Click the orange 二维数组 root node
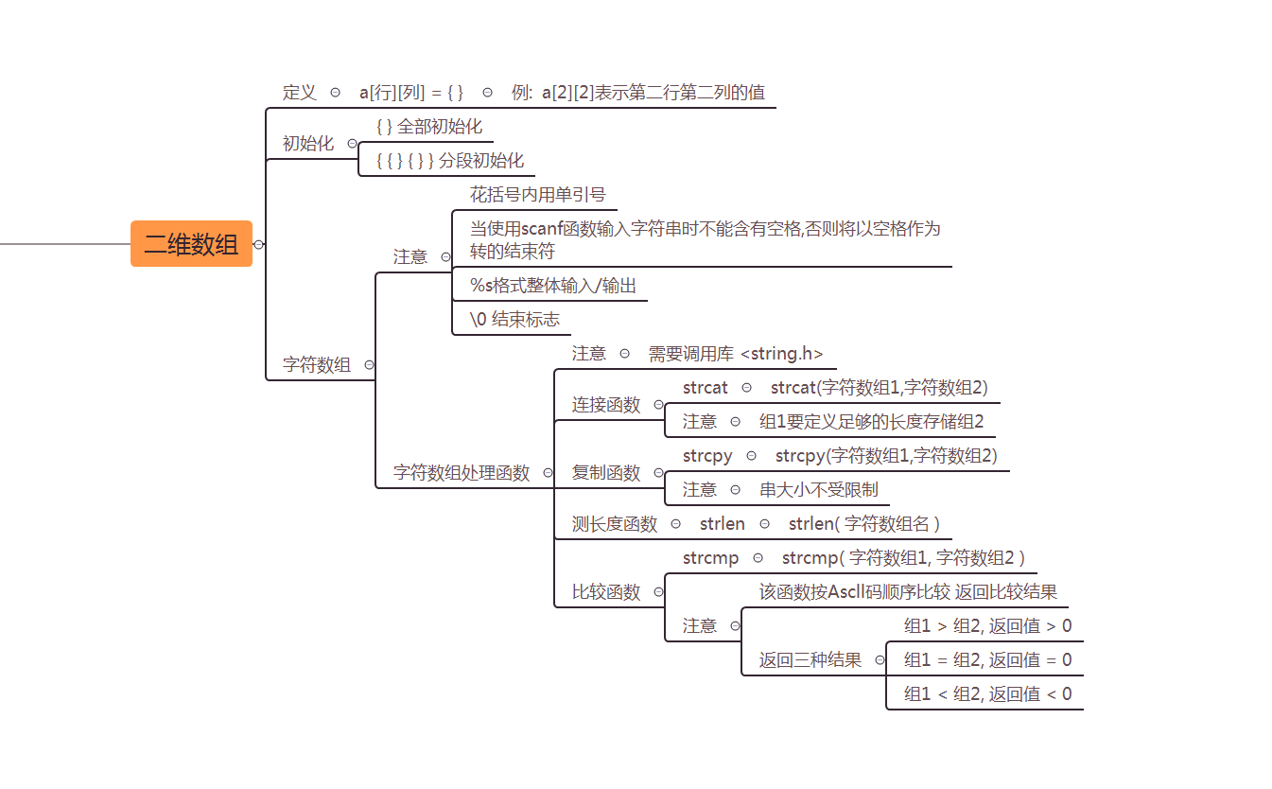tap(191, 244)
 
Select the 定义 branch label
tap(300, 93)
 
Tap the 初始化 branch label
tap(308, 144)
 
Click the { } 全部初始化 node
tap(428, 127)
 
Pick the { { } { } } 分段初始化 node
tap(449, 161)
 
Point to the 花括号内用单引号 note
tap(537, 195)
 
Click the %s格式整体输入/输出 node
tap(553, 286)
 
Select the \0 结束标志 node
tap(514, 320)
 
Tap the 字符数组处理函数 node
tap(462, 473)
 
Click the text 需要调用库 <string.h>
tap(735, 354)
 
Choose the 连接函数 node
tap(606, 405)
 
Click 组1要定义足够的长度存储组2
tap(871, 422)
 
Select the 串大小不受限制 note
tap(818, 490)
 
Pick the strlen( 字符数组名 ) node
tap(863, 524)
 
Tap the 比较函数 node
tap(606, 592)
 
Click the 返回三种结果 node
tap(810, 660)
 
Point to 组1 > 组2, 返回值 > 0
tap(987, 626)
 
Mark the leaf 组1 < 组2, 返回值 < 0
tap(987, 694)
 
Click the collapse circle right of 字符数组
tap(369, 365)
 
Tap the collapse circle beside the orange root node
tap(259, 244)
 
